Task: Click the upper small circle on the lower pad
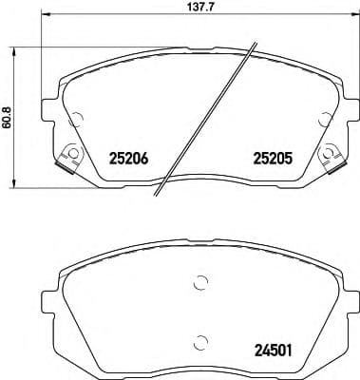click(x=199, y=281)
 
